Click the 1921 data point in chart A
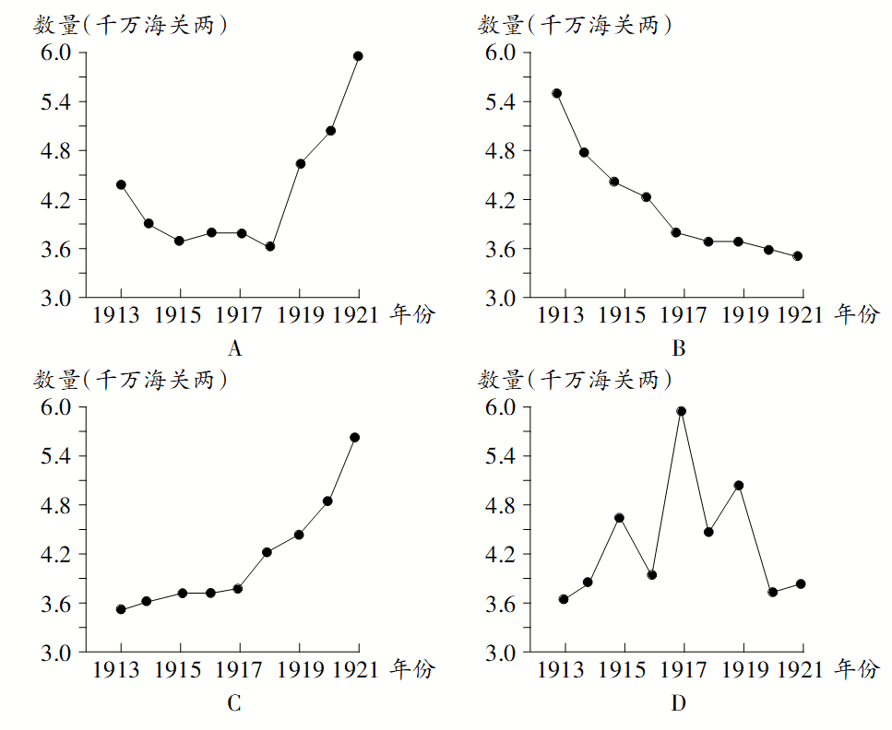click(358, 56)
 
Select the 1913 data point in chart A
click(121, 184)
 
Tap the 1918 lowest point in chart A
click(269, 246)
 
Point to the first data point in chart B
click(556, 93)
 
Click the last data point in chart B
click(798, 256)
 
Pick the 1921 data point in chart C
click(354, 437)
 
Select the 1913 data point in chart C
click(121, 609)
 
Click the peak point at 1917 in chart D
click(682, 411)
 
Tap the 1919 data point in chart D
click(739, 485)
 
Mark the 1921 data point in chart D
click(801, 584)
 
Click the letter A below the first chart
click(234, 349)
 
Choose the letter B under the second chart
click(679, 349)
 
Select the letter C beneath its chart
click(234, 704)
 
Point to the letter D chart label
click(679, 704)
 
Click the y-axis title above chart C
click(130, 379)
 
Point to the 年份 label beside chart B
click(857, 315)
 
